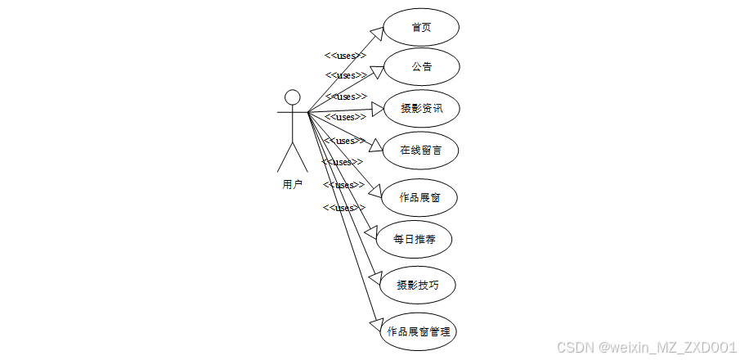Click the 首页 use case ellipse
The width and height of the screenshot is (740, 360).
point(421,28)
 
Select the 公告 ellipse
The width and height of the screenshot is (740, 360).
point(421,67)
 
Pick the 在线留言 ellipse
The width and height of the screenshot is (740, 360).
point(422,150)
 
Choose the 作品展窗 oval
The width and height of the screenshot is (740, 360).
point(421,197)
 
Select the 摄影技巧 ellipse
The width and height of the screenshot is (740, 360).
point(418,285)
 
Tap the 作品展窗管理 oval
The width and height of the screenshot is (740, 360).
point(418,331)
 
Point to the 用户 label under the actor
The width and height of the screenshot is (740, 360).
point(293,184)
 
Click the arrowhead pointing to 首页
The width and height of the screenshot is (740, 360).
point(377,33)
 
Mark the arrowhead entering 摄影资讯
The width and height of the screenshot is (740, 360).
point(379,109)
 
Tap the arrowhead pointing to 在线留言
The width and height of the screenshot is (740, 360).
point(376,146)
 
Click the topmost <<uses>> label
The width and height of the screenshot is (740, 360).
point(345,56)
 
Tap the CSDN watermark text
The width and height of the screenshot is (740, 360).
point(647,348)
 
